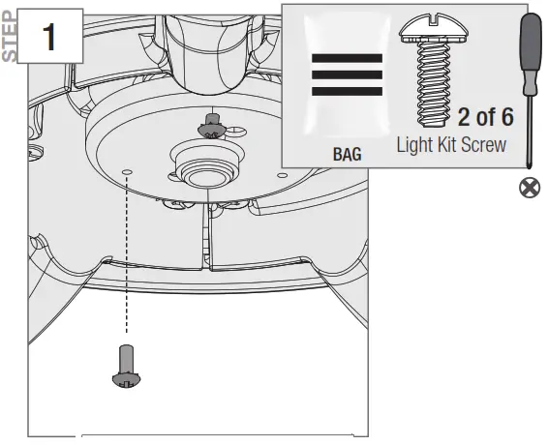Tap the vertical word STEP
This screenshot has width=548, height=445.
coord(10,35)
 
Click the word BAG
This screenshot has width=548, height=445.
coord(347,153)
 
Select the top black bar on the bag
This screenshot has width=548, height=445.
coord(347,57)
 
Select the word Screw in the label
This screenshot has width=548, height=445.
coord(484,145)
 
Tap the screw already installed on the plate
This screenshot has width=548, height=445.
coord(207,124)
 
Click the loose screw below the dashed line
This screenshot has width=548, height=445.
coord(125,366)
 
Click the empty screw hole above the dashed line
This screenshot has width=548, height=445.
coord(127,169)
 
